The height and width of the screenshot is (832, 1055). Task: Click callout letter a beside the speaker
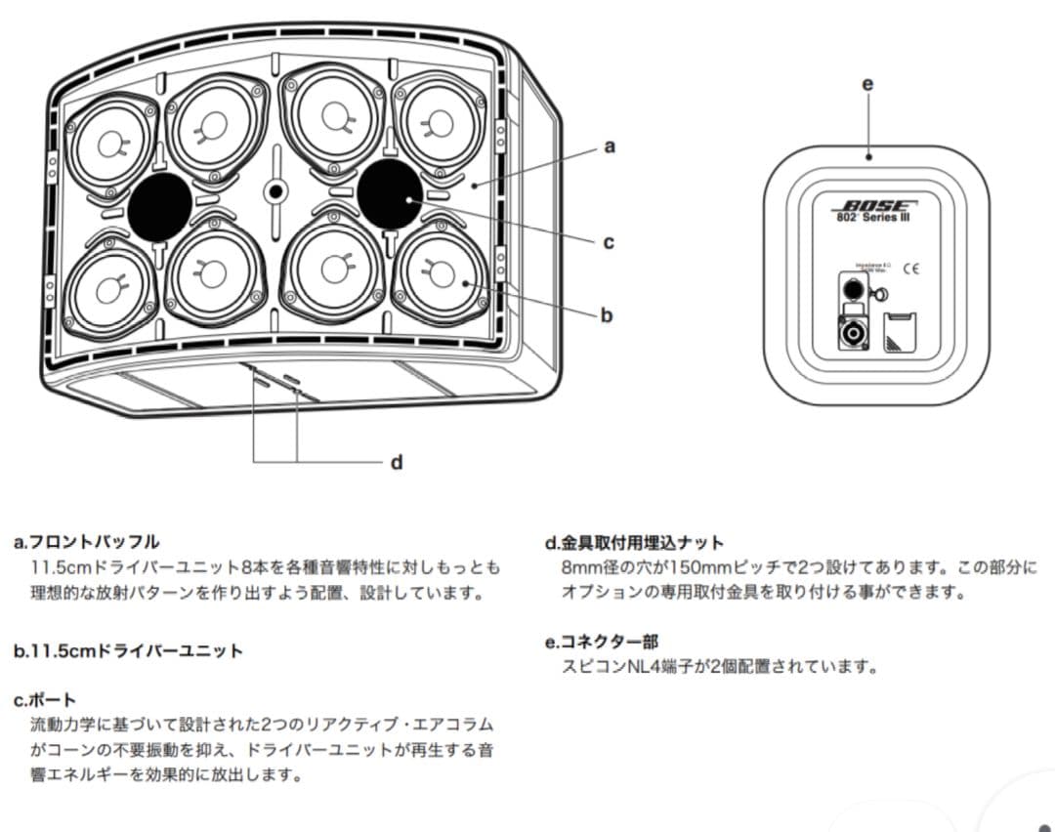click(610, 147)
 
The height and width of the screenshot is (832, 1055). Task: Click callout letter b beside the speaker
click(607, 315)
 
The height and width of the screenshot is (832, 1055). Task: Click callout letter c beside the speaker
click(608, 241)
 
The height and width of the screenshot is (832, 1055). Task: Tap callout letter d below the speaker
click(397, 462)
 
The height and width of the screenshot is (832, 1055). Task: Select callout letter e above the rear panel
click(867, 84)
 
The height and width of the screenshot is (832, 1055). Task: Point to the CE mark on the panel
click(911, 268)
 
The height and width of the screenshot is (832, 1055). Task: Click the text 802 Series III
click(874, 218)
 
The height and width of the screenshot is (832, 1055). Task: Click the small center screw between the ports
click(276, 190)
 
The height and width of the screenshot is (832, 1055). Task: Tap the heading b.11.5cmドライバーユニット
click(128, 651)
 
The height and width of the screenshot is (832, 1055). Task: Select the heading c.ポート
click(45, 700)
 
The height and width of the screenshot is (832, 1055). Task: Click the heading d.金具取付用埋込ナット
click(635, 543)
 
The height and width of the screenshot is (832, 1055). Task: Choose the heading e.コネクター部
click(602, 643)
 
